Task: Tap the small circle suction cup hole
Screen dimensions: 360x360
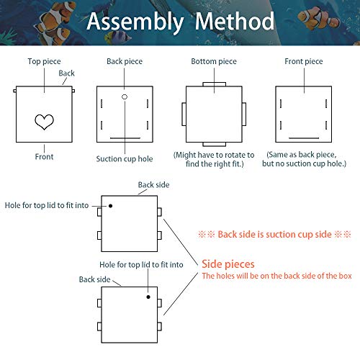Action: [x=124, y=96]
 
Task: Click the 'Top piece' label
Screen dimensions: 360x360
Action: [x=44, y=62]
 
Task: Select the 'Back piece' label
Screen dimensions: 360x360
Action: [x=124, y=62]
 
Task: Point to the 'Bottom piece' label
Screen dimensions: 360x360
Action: [x=213, y=62]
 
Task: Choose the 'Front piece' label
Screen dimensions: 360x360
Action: [x=304, y=62]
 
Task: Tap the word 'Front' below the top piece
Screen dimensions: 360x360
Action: [x=44, y=156]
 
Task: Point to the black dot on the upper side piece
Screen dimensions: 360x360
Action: [x=111, y=206]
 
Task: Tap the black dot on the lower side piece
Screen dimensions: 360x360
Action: [x=148, y=296]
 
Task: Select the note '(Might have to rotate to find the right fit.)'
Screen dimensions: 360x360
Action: [x=214, y=160]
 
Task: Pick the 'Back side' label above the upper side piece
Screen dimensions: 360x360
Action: [x=153, y=185]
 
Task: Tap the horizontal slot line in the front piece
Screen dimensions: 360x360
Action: [x=303, y=136]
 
